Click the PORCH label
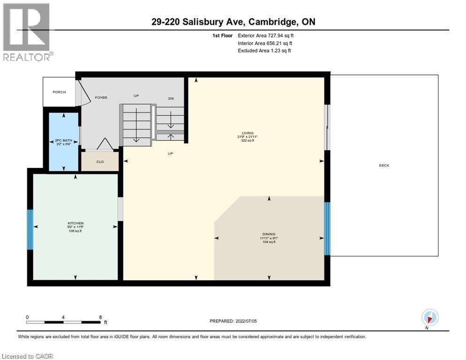(59, 92)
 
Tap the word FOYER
(101, 97)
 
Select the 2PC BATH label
(64, 140)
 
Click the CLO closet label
(100, 162)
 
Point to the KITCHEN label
(75, 223)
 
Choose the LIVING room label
(247, 133)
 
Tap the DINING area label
(269, 234)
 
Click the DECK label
(384, 165)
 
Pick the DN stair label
(172, 98)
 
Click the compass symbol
(429, 317)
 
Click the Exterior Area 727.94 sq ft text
(266, 35)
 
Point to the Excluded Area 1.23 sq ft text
(264, 51)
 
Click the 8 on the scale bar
(100, 317)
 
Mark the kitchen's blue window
(30, 230)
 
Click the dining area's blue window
(327, 228)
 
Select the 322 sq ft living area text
(247, 140)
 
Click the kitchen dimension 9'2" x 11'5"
(75, 227)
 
